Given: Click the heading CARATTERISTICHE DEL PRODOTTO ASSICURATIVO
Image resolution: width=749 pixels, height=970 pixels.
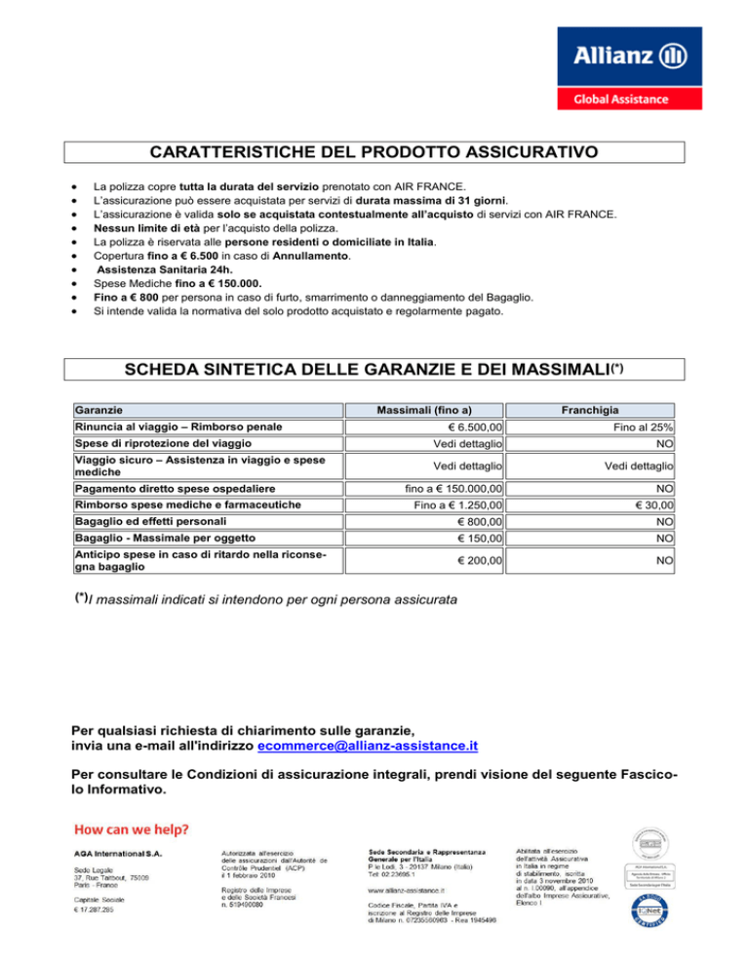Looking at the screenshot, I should (x=374, y=152).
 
